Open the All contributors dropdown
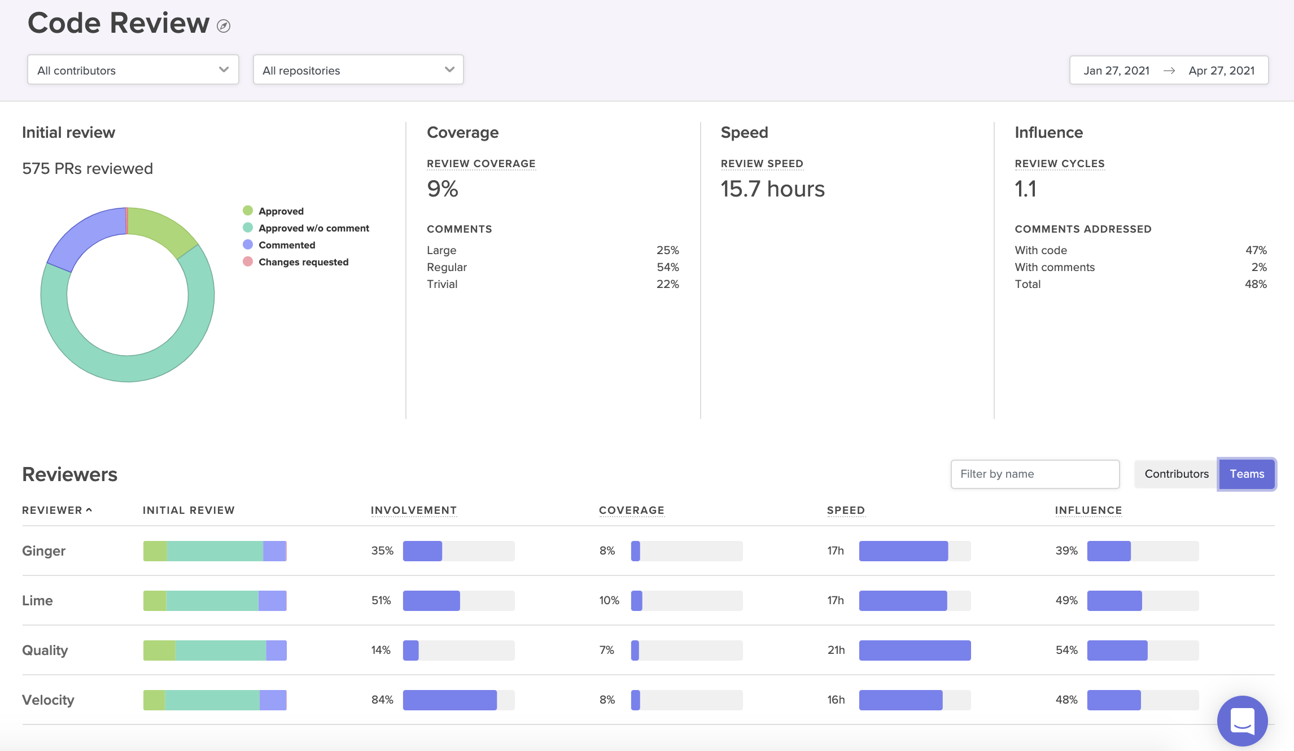[133, 70]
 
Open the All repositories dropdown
[358, 70]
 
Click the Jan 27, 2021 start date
[1116, 71]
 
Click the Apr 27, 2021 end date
[1221, 71]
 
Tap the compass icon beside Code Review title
[224, 26]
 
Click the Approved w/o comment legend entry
[313, 228]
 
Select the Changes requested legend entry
[303, 262]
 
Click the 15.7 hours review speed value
[772, 189]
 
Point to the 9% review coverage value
[443, 189]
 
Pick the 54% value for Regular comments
[667, 267]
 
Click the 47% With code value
[1256, 250]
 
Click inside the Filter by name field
[1034, 474]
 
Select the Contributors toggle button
[1176, 474]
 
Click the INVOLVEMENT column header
[413, 510]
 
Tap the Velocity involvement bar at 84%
[449, 700]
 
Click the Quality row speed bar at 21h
[915, 650]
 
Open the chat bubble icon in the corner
[1242, 721]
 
